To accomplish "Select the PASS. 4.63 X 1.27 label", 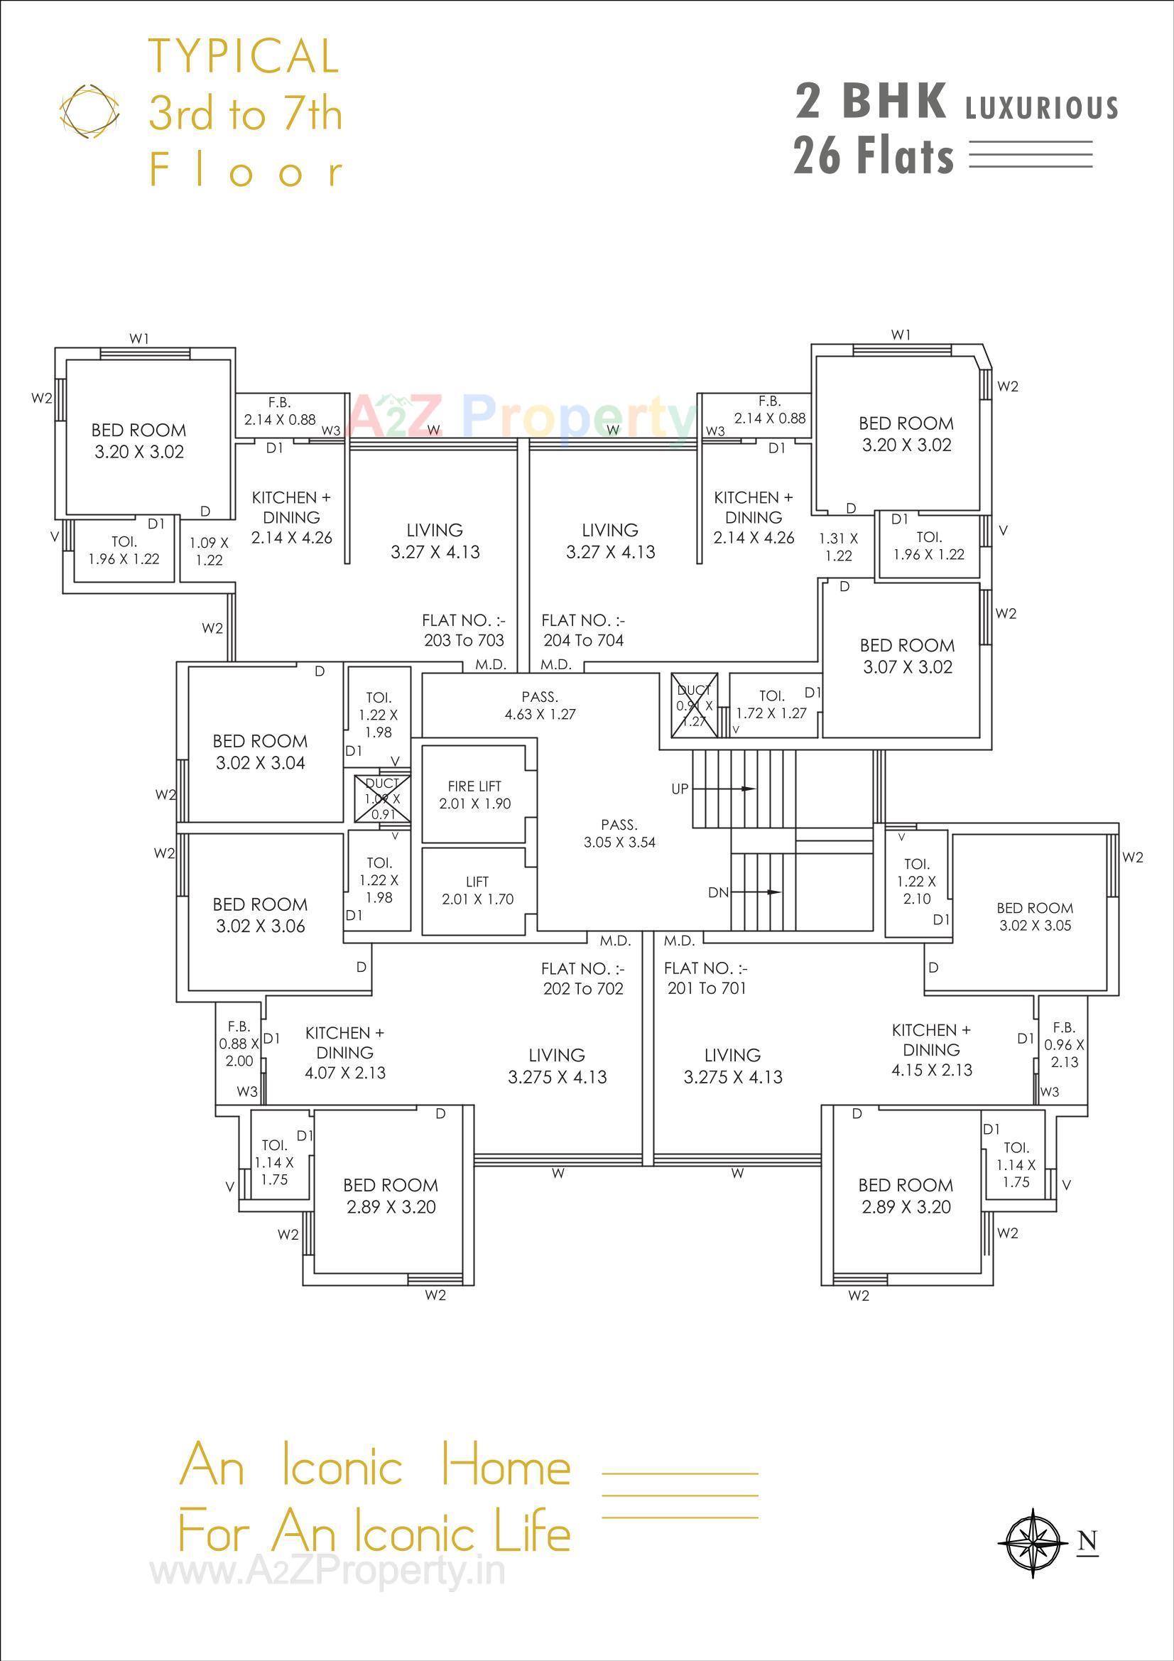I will coord(540,705).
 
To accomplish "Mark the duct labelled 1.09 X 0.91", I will coord(382,799).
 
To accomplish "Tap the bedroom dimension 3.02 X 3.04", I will coord(261,762).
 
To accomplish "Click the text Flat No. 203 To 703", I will coord(464,630).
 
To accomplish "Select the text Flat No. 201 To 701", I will coord(706,978).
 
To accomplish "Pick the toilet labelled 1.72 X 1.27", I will coord(771,705).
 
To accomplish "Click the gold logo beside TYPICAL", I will coord(89,112).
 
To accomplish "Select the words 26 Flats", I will coord(874,156).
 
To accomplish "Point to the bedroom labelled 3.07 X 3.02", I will coord(907,656).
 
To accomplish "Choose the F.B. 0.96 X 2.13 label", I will coord(1063,1044).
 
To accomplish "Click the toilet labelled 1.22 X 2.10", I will coord(916,881).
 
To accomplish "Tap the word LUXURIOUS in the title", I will coord(1042,108).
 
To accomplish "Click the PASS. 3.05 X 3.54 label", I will coord(619,833).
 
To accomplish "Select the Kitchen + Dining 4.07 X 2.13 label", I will coord(345,1053).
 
